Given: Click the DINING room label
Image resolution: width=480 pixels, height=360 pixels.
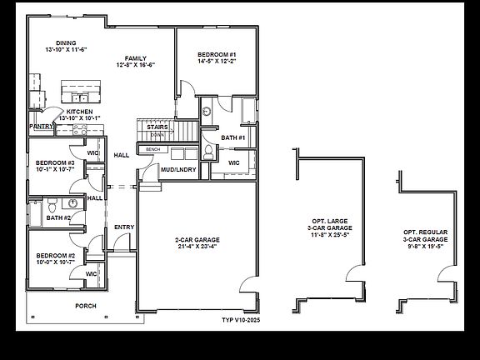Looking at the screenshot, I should point(66,42).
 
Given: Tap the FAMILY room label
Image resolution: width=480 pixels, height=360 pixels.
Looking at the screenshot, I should point(136,57).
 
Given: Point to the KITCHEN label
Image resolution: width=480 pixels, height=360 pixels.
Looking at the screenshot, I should point(80,111).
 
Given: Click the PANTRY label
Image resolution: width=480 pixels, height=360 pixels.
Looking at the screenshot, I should point(40,126).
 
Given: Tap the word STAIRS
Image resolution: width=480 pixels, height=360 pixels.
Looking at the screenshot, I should point(157,127).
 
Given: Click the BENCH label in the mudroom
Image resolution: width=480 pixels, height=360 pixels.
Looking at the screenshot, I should point(152,149).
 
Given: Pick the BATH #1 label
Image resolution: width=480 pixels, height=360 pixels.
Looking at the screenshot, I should point(232,137).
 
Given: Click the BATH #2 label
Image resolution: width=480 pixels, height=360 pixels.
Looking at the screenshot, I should point(58,217).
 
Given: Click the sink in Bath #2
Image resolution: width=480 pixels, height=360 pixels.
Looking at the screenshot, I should point(73,202).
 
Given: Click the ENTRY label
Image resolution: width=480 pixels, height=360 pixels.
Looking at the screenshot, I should point(124,227).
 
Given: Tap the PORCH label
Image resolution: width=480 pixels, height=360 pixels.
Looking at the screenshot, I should point(86,306).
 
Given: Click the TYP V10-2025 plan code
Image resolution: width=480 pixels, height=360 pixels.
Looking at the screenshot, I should point(241,320).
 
